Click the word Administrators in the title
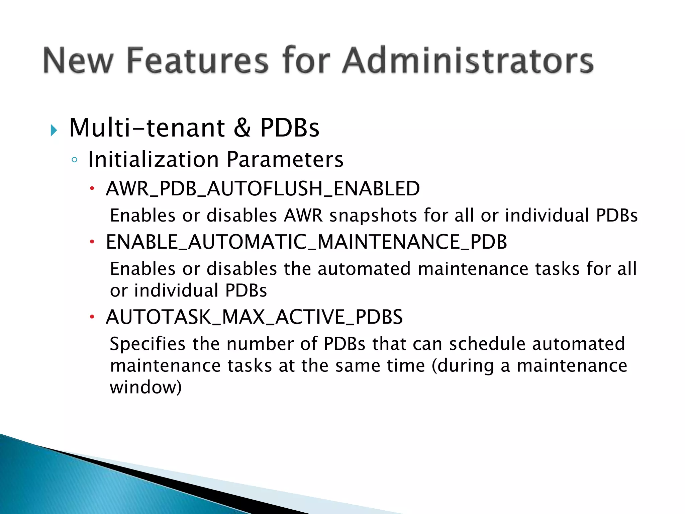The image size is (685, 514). click(x=468, y=60)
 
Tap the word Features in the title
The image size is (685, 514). click(x=198, y=60)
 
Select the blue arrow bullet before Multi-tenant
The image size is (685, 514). click(x=54, y=130)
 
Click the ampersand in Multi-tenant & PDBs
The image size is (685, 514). click(x=242, y=128)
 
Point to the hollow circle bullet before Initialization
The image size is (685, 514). click(x=74, y=160)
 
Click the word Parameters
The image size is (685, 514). click(x=285, y=159)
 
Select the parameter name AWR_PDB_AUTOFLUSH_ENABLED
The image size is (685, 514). click(x=263, y=188)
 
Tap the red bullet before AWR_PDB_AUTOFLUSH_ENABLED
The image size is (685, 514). click(x=92, y=189)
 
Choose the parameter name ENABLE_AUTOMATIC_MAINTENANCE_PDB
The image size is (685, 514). click(x=306, y=242)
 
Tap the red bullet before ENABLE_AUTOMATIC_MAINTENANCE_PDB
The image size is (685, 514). click(x=92, y=242)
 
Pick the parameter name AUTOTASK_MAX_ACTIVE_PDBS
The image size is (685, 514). click(x=254, y=317)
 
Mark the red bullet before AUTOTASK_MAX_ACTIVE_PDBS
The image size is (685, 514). click(x=92, y=317)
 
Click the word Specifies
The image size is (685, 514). click(x=148, y=344)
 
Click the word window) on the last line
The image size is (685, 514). click(x=146, y=388)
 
